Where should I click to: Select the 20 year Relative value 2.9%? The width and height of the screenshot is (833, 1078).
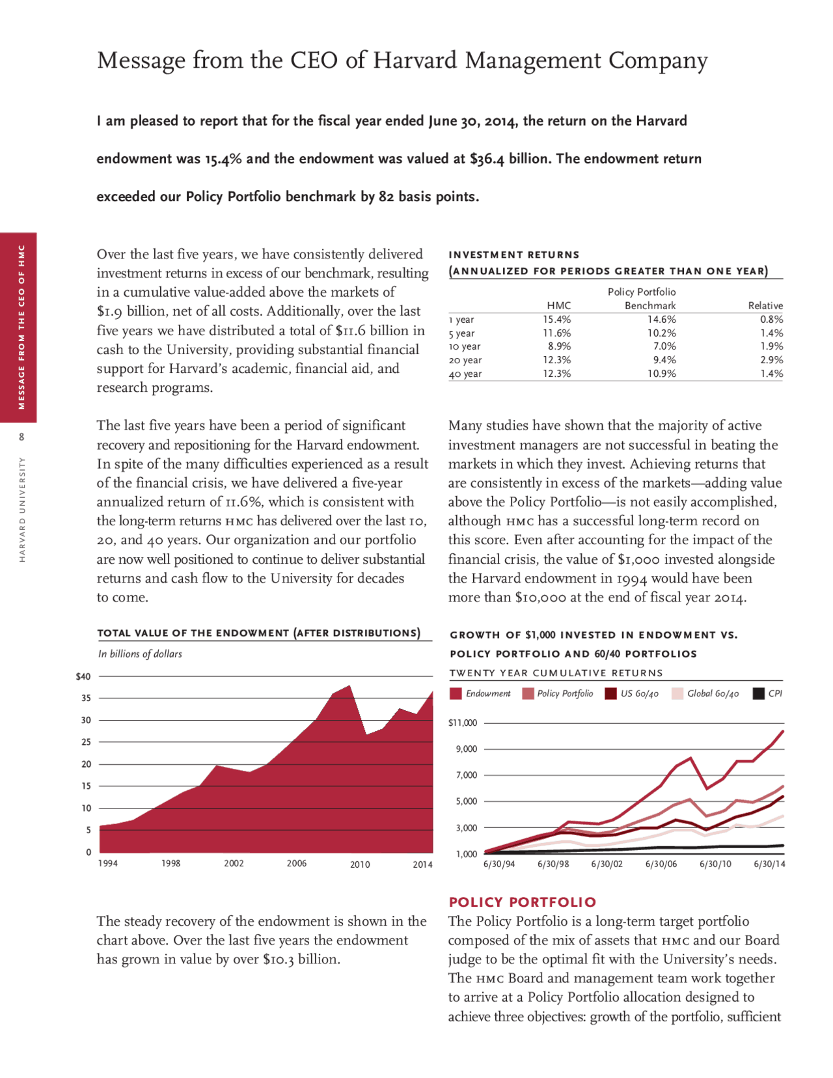point(771,360)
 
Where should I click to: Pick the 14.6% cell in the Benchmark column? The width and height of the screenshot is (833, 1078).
point(661,320)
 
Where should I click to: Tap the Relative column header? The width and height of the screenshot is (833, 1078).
point(765,305)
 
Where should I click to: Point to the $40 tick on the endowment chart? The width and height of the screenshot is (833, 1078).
point(83,676)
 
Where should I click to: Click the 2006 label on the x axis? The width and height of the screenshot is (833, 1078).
point(297,864)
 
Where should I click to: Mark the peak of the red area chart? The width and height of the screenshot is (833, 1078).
point(349,685)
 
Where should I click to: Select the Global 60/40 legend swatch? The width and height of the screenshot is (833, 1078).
point(677,694)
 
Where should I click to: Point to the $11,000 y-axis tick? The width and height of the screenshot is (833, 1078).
point(463,723)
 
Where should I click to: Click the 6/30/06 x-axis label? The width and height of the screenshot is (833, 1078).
point(661,864)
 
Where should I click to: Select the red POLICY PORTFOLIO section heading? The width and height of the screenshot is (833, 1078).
point(522,902)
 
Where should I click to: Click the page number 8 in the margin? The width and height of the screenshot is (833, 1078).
point(21,437)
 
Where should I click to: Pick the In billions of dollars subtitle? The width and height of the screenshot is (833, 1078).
point(140,654)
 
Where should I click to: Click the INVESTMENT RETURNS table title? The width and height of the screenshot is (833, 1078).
point(513,255)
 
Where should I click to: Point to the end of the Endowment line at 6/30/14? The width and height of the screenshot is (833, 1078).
point(783,731)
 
